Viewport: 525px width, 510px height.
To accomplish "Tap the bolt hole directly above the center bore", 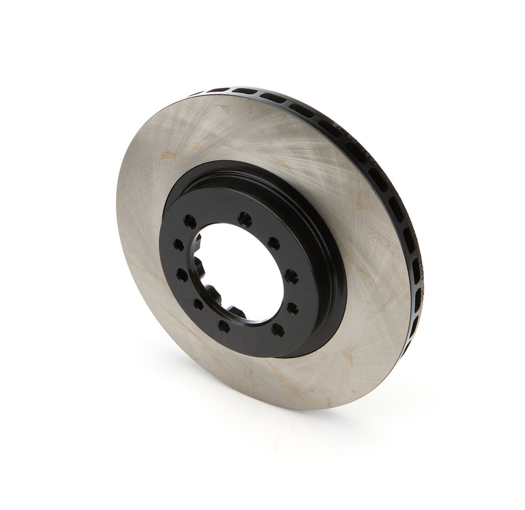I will point(245,219).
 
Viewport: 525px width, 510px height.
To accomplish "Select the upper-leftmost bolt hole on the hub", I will point(190,221).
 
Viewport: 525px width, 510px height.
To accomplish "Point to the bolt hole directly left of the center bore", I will point(181,274).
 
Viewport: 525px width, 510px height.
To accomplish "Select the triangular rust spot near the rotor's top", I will point(224,109).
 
